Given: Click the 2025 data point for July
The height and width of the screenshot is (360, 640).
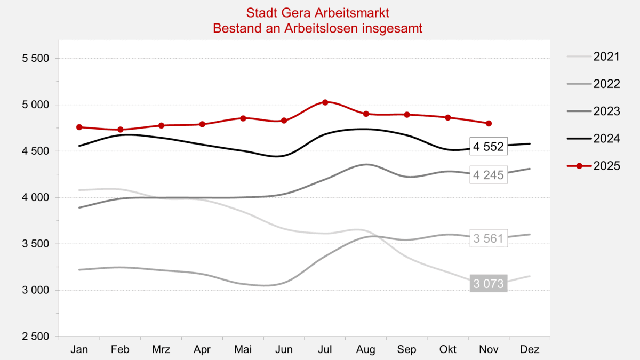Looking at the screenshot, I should (x=325, y=102).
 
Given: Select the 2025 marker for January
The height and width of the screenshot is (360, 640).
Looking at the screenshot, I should (x=79, y=127).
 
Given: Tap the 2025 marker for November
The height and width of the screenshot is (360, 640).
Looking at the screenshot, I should (x=489, y=123).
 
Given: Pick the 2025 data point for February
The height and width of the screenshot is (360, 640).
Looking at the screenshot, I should (x=121, y=130).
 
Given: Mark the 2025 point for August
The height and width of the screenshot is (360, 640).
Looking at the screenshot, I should (x=366, y=114).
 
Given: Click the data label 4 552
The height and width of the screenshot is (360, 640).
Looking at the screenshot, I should (x=489, y=147).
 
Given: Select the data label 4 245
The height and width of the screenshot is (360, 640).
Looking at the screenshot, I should (x=489, y=175).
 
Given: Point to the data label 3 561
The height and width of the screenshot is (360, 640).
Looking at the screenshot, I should (x=489, y=238).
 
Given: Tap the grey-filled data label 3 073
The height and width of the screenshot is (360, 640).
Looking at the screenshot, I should (x=489, y=284).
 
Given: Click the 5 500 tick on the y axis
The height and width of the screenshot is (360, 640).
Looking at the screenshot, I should (x=35, y=59).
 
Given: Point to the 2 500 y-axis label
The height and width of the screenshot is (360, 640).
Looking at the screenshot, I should (x=35, y=337).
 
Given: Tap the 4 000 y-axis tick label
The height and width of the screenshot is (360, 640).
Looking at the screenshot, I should (x=35, y=198).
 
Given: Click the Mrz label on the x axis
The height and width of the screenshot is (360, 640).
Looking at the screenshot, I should (x=161, y=350).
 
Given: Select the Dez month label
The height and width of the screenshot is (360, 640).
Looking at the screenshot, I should (x=530, y=350).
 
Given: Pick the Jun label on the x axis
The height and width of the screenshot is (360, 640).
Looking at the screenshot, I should (x=284, y=350).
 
